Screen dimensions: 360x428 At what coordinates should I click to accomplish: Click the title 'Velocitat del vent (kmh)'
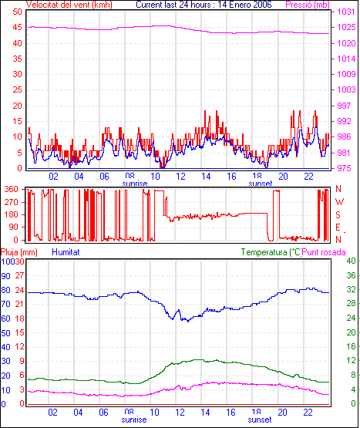click(69, 5)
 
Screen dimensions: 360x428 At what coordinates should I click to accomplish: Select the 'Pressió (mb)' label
click(308, 5)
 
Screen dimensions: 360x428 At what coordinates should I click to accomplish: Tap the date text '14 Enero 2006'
click(244, 5)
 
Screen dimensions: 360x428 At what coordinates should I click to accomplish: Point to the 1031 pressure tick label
click(346, 12)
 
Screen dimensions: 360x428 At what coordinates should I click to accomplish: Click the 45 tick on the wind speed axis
click(17, 27)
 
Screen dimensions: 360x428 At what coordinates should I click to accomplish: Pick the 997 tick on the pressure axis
click(344, 106)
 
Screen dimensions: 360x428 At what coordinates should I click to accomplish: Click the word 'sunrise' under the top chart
click(135, 184)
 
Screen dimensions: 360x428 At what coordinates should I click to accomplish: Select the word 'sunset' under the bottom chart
click(260, 420)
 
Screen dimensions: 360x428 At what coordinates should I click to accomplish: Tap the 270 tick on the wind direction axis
click(12, 202)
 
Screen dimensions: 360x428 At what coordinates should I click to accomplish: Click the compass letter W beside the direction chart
click(339, 202)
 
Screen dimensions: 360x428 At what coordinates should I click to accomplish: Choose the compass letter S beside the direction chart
click(338, 215)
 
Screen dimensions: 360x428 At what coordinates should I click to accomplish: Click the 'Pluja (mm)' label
click(19, 252)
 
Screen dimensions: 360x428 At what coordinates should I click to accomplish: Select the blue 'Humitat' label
click(66, 252)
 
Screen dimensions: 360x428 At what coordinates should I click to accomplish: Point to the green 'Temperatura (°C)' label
click(271, 252)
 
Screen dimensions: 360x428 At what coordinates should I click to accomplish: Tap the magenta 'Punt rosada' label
click(324, 252)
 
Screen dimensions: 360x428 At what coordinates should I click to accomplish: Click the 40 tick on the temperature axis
click(351, 261)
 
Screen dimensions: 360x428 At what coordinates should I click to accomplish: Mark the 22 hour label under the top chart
click(308, 177)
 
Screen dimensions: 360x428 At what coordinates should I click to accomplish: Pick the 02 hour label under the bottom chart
click(52, 412)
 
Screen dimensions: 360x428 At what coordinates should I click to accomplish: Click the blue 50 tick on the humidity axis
click(5, 333)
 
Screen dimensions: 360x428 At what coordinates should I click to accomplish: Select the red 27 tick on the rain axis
click(19, 275)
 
